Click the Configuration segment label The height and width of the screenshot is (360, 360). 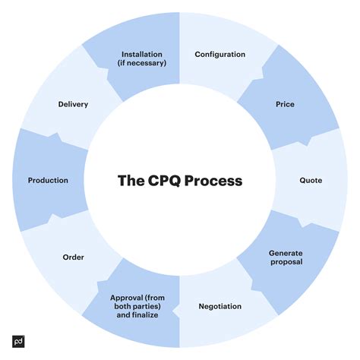click(219, 55)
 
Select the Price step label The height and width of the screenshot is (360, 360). click(286, 104)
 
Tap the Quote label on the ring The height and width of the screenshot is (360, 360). click(311, 180)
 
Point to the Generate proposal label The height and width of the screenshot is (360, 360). click(286, 257)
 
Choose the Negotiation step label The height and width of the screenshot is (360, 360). click(219, 306)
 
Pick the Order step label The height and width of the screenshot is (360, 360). click(73, 257)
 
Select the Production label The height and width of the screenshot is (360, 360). click(48, 180)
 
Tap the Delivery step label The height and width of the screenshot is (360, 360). click(73, 104)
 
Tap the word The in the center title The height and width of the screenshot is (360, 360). click(131, 181)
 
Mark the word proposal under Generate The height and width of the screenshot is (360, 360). click(286, 262)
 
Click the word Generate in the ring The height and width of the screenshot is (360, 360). click(286, 251)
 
